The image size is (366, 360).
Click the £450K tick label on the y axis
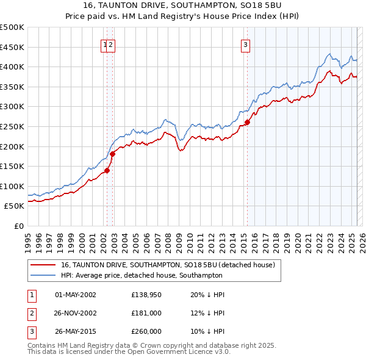(x=12, y=47)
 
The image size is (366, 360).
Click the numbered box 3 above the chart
(x=245, y=44)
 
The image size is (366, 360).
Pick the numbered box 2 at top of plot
(x=112, y=44)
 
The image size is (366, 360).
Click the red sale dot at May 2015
(x=247, y=123)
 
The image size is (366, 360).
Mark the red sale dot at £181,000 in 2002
(x=113, y=154)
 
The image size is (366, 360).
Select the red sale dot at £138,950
(x=107, y=171)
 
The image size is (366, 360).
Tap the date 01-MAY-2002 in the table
(x=76, y=295)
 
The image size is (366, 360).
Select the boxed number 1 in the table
(x=32, y=295)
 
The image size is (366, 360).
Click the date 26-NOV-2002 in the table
(x=76, y=313)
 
